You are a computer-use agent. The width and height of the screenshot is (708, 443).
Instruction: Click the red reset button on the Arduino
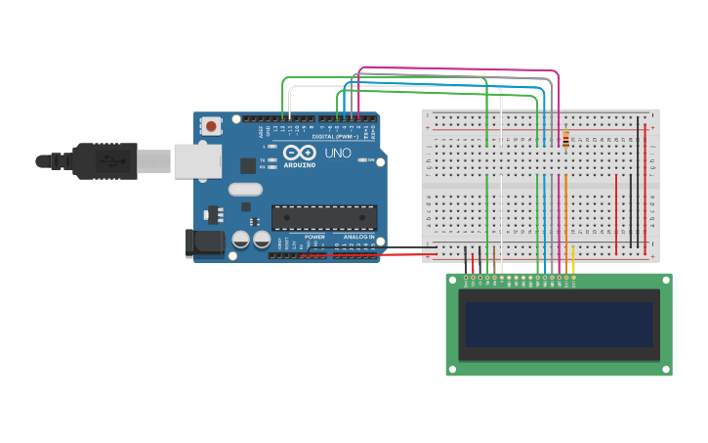point(211,125)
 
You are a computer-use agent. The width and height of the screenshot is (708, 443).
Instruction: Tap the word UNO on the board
point(337,154)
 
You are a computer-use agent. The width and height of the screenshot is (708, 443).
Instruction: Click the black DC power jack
point(204,244)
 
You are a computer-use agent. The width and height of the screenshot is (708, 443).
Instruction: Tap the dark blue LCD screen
point(559,324)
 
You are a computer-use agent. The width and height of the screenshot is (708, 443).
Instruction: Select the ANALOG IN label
point(358,237)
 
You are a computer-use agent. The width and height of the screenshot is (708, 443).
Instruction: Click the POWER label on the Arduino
point(314,237)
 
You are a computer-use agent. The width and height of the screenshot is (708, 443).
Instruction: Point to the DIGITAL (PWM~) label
point(334,136)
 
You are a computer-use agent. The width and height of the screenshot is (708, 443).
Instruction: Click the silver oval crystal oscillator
point(245,190)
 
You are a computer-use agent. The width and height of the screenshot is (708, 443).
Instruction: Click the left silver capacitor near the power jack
point(240,239)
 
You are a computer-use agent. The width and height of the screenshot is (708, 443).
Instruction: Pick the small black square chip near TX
point(248,166)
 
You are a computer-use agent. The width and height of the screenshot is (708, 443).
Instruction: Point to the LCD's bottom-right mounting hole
point(667,370)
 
